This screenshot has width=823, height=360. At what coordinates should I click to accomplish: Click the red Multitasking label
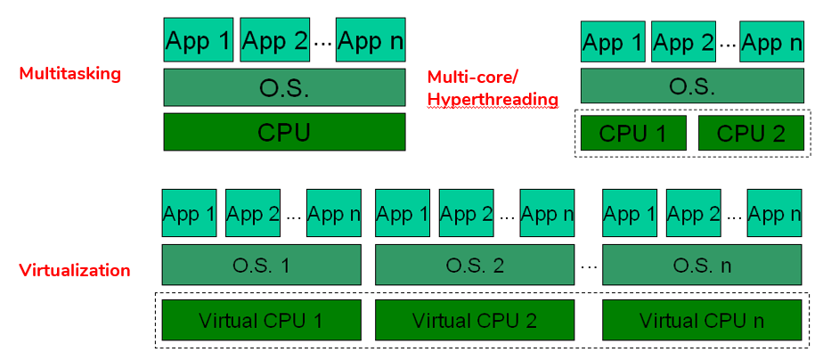point(69,73)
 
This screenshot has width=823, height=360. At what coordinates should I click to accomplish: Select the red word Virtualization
point(75,270)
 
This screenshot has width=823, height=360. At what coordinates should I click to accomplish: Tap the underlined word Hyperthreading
point(493,99)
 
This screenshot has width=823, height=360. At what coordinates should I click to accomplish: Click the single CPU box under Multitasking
point(284,132)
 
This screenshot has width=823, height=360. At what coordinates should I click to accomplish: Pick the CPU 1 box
point(633,133)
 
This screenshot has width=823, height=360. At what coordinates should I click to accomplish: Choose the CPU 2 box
point(752,133)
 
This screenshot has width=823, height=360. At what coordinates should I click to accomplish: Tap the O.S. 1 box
point(260,265)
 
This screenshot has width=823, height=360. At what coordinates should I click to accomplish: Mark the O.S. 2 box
point(475,265)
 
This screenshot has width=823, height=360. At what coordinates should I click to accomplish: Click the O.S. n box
point(702,265)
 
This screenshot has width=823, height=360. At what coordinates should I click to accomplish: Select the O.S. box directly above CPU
point(284,88)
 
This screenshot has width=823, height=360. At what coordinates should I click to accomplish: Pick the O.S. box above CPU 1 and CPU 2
point(693,86)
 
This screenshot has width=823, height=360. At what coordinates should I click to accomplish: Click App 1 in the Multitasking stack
point(198,41)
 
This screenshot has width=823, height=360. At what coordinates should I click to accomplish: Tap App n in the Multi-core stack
point(773,41)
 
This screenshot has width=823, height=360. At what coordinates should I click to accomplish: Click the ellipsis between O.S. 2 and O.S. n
point(588,266)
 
